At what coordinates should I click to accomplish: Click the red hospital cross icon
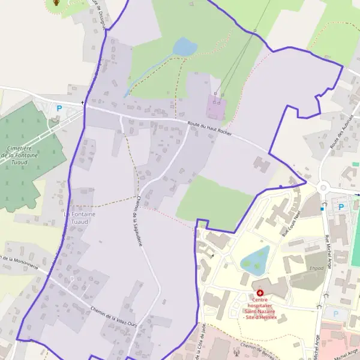point(260,292)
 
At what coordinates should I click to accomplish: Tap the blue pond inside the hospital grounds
point(255,259)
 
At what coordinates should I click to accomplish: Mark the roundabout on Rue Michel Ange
point(323,188)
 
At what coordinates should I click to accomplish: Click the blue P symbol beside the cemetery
point(59,109)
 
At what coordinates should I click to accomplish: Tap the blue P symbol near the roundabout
point(341,207)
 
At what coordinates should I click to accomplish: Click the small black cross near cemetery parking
point(83,103)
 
